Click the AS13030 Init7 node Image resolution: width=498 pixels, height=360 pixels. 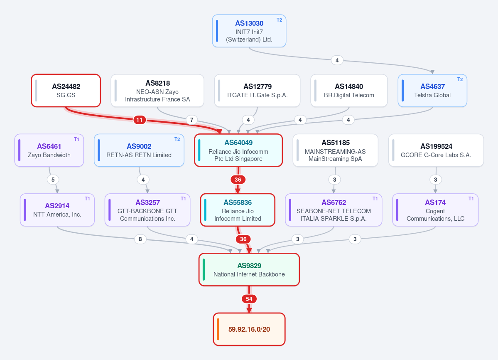coord(249,31)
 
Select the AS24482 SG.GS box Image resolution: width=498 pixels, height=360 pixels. coord(66,91)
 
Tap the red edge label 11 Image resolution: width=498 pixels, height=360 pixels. coord(140,120)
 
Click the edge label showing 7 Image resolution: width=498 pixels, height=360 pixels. coord(191,120)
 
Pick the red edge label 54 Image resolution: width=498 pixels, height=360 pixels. coord(249,299)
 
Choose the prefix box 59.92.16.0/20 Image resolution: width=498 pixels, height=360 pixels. coord(249,329)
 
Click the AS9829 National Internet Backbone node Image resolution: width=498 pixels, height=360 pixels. coord(249,269)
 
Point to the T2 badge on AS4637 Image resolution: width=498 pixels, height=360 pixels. coord(460,79)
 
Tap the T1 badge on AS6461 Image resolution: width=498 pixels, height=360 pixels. coord(76,139)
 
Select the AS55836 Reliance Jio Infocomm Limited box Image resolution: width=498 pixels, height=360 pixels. coord(238,210)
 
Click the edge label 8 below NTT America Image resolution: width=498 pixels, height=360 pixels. coord(140,239)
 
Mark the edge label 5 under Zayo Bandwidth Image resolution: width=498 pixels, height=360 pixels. coord(53,180)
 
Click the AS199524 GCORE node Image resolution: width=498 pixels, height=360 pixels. coord(436,150)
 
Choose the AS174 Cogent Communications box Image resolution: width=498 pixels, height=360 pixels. coord(435,210)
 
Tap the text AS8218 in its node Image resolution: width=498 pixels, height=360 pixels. coord(157,83)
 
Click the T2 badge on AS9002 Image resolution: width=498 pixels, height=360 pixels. coord(177,139)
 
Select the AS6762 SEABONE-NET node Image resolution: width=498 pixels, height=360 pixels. coord(334,210)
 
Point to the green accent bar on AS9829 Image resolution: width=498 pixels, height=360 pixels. coord(204,269)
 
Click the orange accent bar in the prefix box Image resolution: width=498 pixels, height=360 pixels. coord(218,329)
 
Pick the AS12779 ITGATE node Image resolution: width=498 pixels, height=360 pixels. coord(257,91)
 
